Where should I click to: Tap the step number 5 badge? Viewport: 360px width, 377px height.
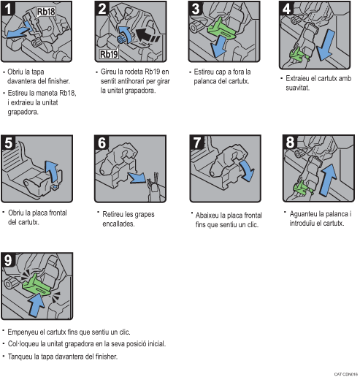[9, 142]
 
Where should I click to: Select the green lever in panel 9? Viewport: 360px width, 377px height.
[38, 285]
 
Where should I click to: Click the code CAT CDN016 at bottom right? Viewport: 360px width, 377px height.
[345, 373]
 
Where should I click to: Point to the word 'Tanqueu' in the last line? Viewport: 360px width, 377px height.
[20, 357]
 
